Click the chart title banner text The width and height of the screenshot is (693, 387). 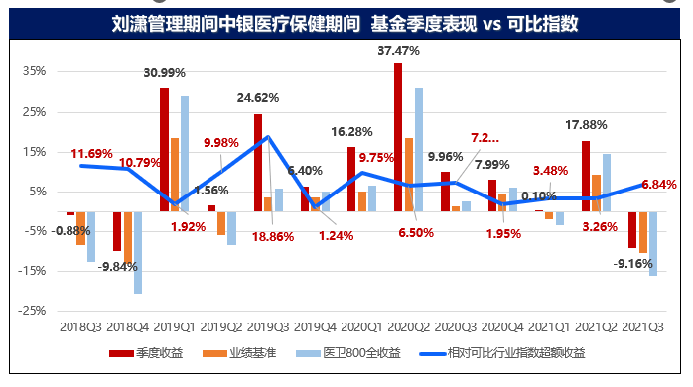click(346, 22)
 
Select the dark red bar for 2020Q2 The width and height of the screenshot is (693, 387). click(398, 136)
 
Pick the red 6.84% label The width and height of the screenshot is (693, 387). click(658, 185)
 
